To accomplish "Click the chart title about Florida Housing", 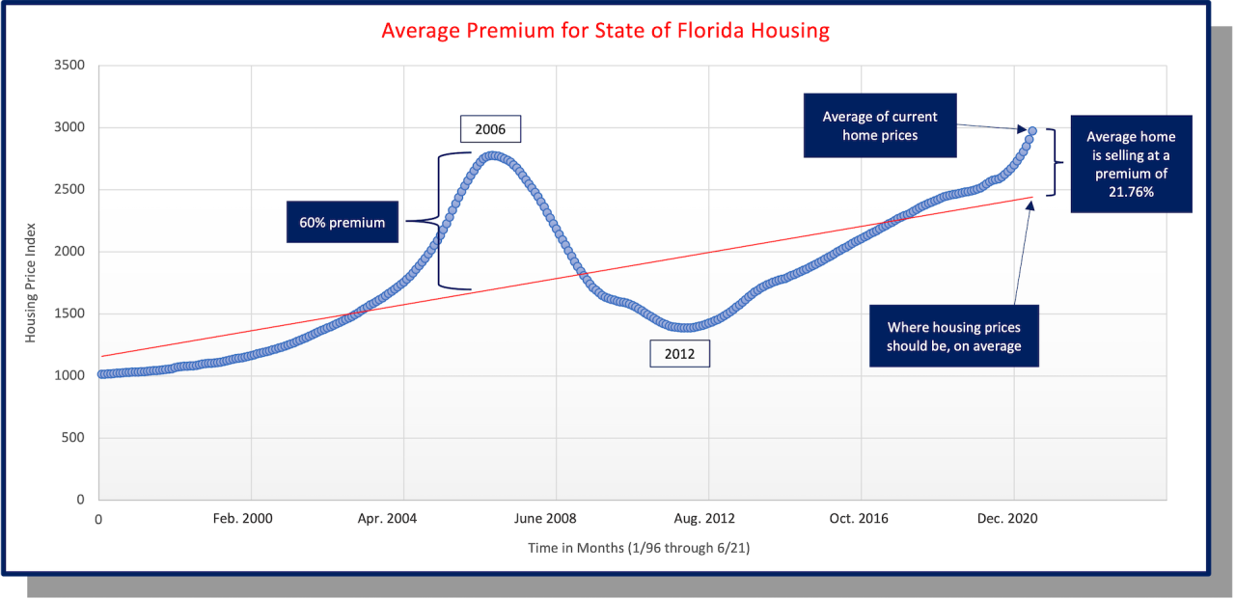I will click(x=605, y=30).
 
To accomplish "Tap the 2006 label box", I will click(x=490, y=128).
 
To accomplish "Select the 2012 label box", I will click(x=679, y=354).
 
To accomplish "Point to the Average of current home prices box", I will click(x=879, y=125).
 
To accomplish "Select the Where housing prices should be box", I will click(x=953, y=337).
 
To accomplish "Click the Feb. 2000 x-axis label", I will click(x=242, y=518).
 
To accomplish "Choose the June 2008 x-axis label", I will click(x=545, y=518).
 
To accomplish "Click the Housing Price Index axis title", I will click(x=31, y=284).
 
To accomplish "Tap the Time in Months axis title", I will click(x=639, y=548).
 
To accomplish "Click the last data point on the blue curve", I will click(x=1032, y=130).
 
